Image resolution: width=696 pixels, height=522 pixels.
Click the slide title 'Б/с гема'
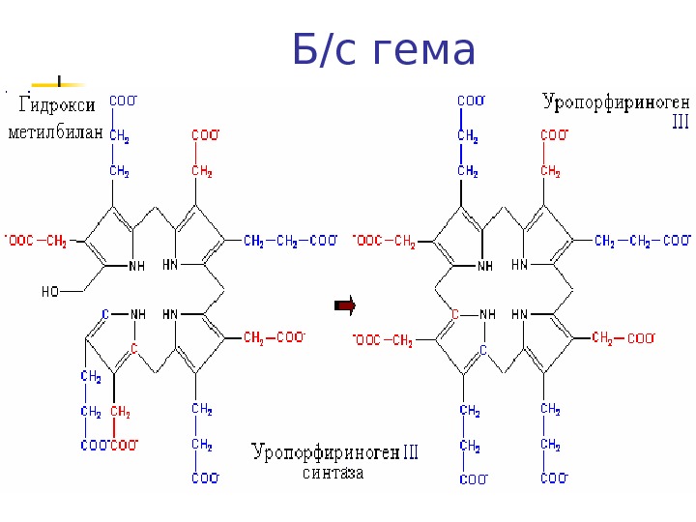pyautogui.click(x=383, y=50)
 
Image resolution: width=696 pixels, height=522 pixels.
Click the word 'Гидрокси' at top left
pyautogui.click(x=53, y=107)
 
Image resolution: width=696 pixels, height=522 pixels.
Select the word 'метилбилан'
pyautogui.click(x=54, y=133)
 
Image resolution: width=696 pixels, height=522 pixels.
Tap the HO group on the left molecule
pyautogui.click(x=51, y=290)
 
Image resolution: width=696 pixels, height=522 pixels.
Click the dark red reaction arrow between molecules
pyautogui.click(x=345, y=306)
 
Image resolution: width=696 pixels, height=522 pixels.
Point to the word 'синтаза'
pyautogui.click(x=333, y=474)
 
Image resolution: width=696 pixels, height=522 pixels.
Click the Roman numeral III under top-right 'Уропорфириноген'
pyautogui.click(x=680, y=124)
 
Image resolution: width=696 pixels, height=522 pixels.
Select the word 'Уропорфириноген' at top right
pyautogui.click(x=616, y=101)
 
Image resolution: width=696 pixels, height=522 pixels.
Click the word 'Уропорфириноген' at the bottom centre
pyautogui.click(x=325, y=452)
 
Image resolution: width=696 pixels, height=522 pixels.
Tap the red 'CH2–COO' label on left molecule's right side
pyautogui.click(x=274, y=336)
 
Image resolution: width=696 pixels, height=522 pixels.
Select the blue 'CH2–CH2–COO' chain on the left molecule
pyautogui.click(x=290, y=240)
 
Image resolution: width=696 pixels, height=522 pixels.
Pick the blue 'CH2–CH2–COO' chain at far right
pyautogui.click(x=642, y=240)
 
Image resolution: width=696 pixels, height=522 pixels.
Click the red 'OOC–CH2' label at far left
pyautogui.click(x=37, y=240)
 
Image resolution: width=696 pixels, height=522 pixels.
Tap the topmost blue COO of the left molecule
pyautogui.click(x=123, y=101)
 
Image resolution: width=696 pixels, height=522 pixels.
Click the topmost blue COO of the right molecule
pyautogui.click(x=471, y=101)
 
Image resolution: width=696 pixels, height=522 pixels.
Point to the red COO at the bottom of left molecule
pyautogui.click(x=125, y=445)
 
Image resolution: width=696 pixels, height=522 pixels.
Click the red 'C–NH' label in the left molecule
pyautogui.click(x=123, y=314)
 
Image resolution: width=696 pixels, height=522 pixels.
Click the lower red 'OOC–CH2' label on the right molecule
pyautogui.click(x=385, y=339)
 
